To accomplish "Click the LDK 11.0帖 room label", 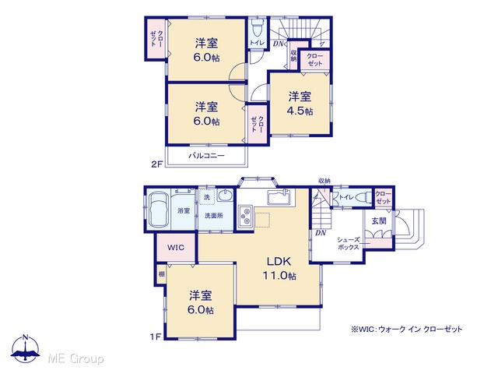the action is coord(279,268).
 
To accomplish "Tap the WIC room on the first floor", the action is coord(176,248).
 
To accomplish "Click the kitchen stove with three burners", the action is coord(246,217).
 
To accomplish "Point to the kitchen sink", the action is coord(279,197).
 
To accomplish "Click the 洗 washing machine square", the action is coord(207,197).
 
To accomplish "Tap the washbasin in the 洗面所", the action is coord(225,196).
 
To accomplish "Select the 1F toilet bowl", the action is coord(363,197).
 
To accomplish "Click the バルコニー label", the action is coord(206,156).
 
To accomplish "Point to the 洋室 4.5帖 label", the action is coord(300,104).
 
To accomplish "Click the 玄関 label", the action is coord(379,221).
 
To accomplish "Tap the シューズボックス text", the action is coord(348,243).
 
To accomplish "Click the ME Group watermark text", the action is coord(75,358).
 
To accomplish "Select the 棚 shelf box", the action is coord(162,273).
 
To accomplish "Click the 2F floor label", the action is coord(157,164).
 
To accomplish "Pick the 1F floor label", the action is coord(156,337).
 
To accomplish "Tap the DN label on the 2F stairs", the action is coord(278,44).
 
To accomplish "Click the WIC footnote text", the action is coord(406,329).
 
